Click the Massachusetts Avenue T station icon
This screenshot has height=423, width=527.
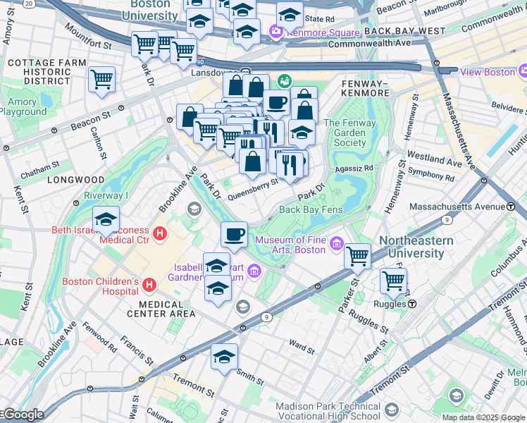[510, 206]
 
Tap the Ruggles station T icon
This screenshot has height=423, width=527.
[411, 304]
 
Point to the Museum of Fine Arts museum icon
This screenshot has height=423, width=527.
[336, 245]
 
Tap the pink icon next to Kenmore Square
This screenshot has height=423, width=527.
[275, 31]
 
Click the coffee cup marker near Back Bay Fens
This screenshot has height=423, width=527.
[234, 234]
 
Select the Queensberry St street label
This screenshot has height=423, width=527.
[254, 185]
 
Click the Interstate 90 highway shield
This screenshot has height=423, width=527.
[201, 61]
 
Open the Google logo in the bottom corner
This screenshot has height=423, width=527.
[24, 415]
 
